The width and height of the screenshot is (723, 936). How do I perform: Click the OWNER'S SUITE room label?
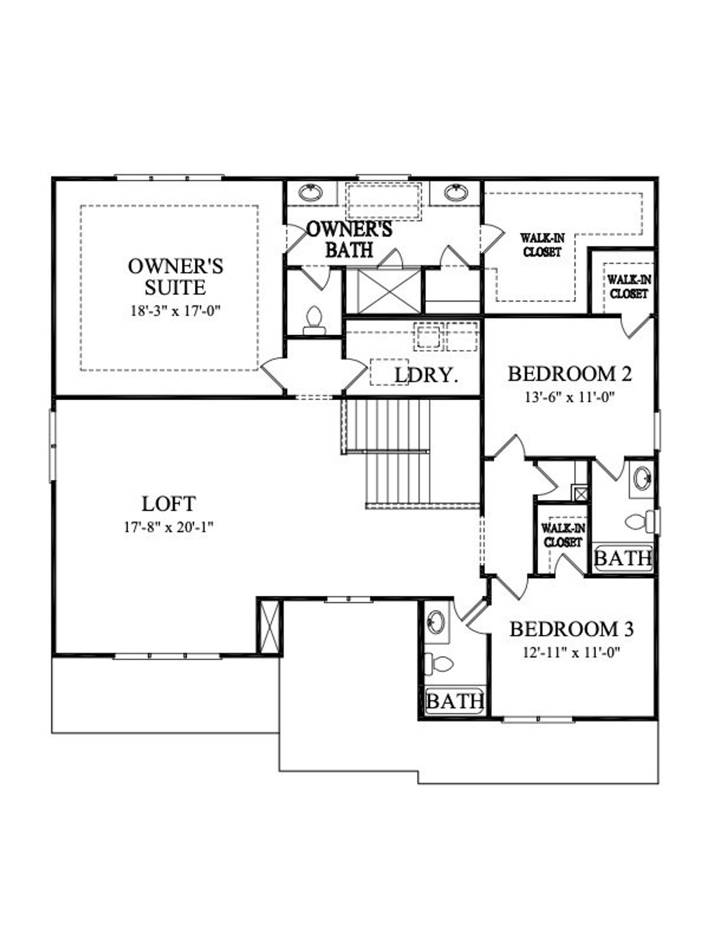175,276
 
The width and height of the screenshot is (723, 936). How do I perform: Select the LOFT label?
168,504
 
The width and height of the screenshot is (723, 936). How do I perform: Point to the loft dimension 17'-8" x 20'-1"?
168,528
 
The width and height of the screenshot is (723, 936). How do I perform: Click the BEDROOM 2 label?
569,374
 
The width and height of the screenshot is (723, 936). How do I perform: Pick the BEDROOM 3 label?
571,629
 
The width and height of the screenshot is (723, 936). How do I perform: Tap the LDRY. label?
426,375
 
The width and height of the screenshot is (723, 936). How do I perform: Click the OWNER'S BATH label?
349,239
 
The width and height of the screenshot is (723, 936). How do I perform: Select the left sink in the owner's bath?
310,193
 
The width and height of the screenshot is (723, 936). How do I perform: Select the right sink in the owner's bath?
456,193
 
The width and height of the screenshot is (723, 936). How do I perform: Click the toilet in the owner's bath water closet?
313,320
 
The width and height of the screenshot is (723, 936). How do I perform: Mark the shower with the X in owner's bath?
390,291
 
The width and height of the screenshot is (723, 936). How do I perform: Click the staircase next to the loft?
395,452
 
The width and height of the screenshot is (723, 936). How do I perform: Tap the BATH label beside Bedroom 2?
623,558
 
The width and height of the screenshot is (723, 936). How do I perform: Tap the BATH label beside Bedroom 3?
455,701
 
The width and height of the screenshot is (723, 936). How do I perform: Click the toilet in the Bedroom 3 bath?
439,662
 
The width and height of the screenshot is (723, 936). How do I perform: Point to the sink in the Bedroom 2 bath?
641,479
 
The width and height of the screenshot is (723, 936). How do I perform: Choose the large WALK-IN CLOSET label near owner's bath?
542,245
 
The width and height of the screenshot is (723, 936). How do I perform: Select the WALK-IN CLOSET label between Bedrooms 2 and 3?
563,535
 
